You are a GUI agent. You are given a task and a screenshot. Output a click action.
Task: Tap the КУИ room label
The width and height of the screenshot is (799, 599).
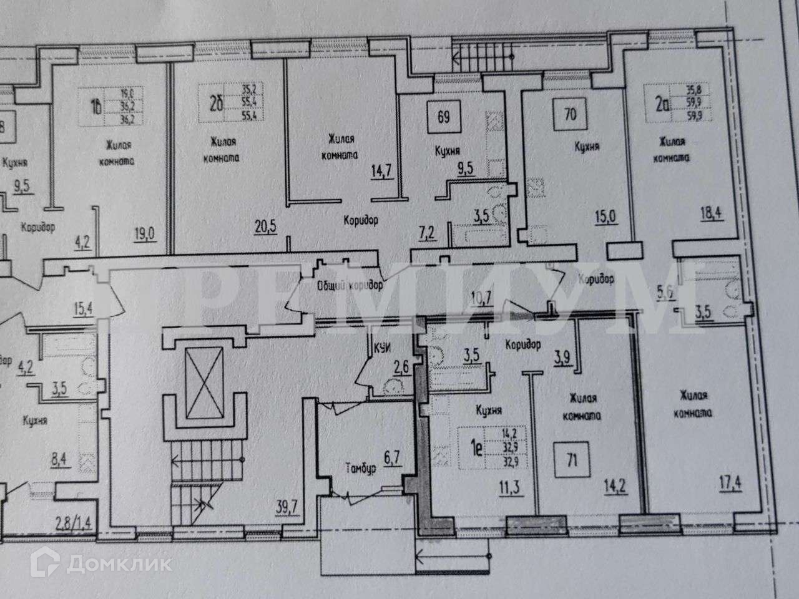point(382,348)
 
